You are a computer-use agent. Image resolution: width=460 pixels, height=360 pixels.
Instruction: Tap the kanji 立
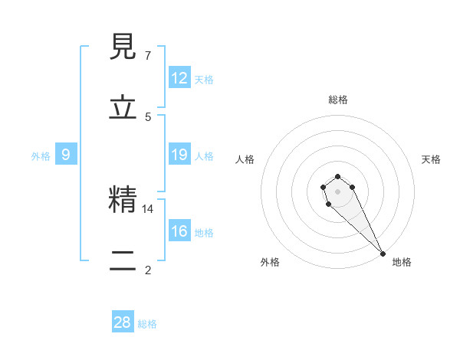pyautogui.click(x=123, y=108)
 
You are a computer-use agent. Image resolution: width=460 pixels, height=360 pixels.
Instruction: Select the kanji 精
pyautogui.click(x=123, y=201)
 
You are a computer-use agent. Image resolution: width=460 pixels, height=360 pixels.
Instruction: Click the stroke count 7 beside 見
pyautogui.click(x=148, y=55)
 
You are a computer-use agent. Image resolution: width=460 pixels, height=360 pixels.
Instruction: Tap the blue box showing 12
pyautogui.click(x=179, y=78)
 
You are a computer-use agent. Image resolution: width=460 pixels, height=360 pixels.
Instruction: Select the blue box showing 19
pyautogui.click(x=179, y=155)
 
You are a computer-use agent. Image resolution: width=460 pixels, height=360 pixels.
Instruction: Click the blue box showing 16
pyautogui.click(x=179, y=231)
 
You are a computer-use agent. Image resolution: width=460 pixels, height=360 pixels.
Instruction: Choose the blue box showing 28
pyautogui.click(x=123, y=322)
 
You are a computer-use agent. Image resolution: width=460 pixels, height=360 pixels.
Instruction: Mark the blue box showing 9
pyautogui.click(x=66, y=155)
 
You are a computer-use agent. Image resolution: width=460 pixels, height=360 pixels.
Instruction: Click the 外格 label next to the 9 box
pyautogui.click(x=41, y=156)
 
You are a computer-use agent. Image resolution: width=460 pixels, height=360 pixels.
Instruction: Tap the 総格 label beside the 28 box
pyautogui.click(x=147, y=324)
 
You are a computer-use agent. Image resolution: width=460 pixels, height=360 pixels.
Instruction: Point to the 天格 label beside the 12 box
pyautogui.click(x=204, y=80)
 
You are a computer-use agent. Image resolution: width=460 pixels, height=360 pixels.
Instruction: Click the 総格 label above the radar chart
pyautogui.click(x=337, y=100)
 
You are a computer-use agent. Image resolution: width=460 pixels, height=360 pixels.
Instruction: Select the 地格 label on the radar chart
pyautogui.click(x=402, y=262)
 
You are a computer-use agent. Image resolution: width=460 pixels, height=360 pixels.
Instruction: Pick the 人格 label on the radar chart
pyautogui.click(x=245, y=159)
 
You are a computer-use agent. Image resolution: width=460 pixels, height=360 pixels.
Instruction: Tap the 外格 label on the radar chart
pyautogui.click(x=270, y=262)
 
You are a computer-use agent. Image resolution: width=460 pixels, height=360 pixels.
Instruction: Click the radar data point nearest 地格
pyautogui.click(x=383, y=253)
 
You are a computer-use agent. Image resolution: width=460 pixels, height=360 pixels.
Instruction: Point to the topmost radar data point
pyautogui.click(x=337, y=176)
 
